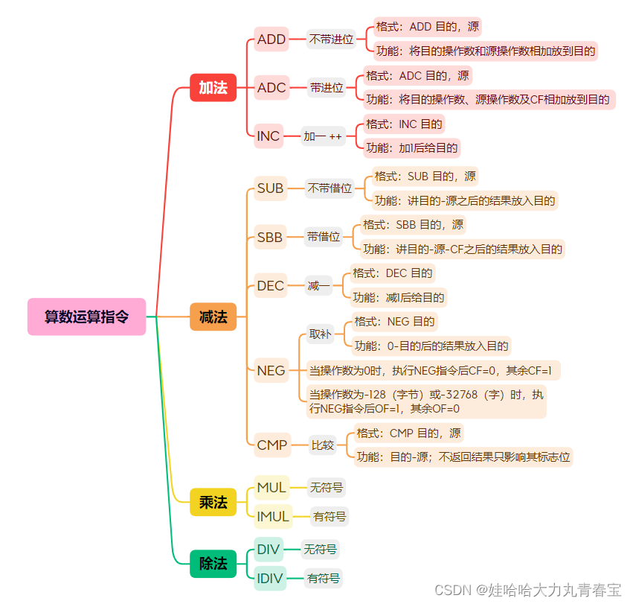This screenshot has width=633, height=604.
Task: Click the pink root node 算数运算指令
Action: [x=86, y=317]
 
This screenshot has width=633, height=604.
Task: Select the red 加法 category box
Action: [x=213, y=88]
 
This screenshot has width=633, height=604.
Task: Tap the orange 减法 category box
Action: [x=213, y=317]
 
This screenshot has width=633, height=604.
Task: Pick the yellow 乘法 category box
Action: [x=213, y=503]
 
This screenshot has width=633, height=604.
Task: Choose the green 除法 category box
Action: [x=213, y=564]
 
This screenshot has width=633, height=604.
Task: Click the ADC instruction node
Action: [x=271, y=88]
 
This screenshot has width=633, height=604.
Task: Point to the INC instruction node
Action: [x=269, y=136]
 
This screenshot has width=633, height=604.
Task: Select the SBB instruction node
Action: [x=270, y=237]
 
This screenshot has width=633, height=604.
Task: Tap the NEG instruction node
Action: [x=271, y=370]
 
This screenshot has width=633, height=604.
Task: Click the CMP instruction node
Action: [x=271, y=445]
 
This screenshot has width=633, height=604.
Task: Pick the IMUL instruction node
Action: [x=273, y=516]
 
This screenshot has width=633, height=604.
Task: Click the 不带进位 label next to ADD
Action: [x=331, y=39]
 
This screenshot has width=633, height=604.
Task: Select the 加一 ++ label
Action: [x=323, y=136]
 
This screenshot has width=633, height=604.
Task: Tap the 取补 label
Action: [x=321, y=334]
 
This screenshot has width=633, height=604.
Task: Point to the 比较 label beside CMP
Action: [x=323, y=445]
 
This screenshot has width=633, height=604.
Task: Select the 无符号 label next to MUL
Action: [x=327, y=488]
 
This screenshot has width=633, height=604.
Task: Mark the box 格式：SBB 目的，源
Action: [x=413, y=224]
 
